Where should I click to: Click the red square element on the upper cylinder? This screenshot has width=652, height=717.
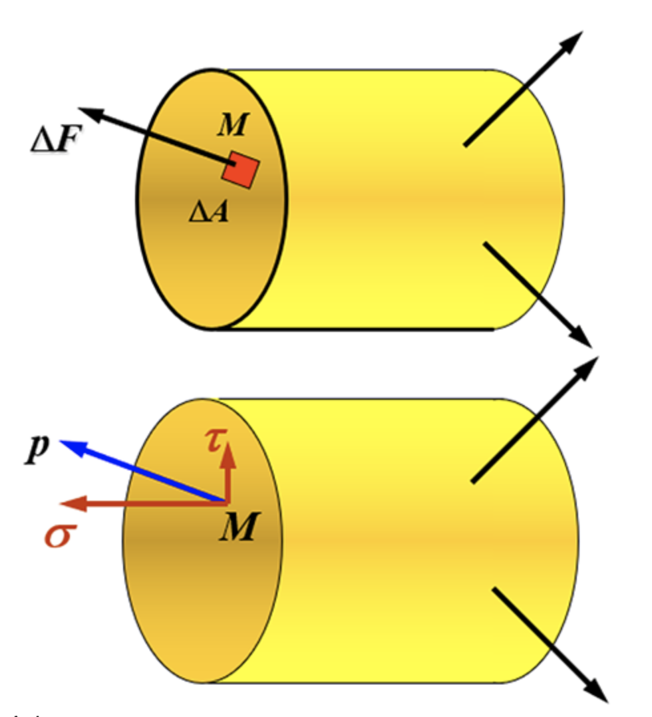pos(240,170)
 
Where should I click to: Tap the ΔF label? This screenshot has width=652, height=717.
pos(54,140)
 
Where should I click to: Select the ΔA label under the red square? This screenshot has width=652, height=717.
pos(208,212)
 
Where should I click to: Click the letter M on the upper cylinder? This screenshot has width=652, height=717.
pos(231,126)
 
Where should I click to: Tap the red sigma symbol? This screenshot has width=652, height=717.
pos(59,535)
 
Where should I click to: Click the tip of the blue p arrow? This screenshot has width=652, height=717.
pos(65,444)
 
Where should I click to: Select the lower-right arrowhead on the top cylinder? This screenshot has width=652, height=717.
pos(583,338)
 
